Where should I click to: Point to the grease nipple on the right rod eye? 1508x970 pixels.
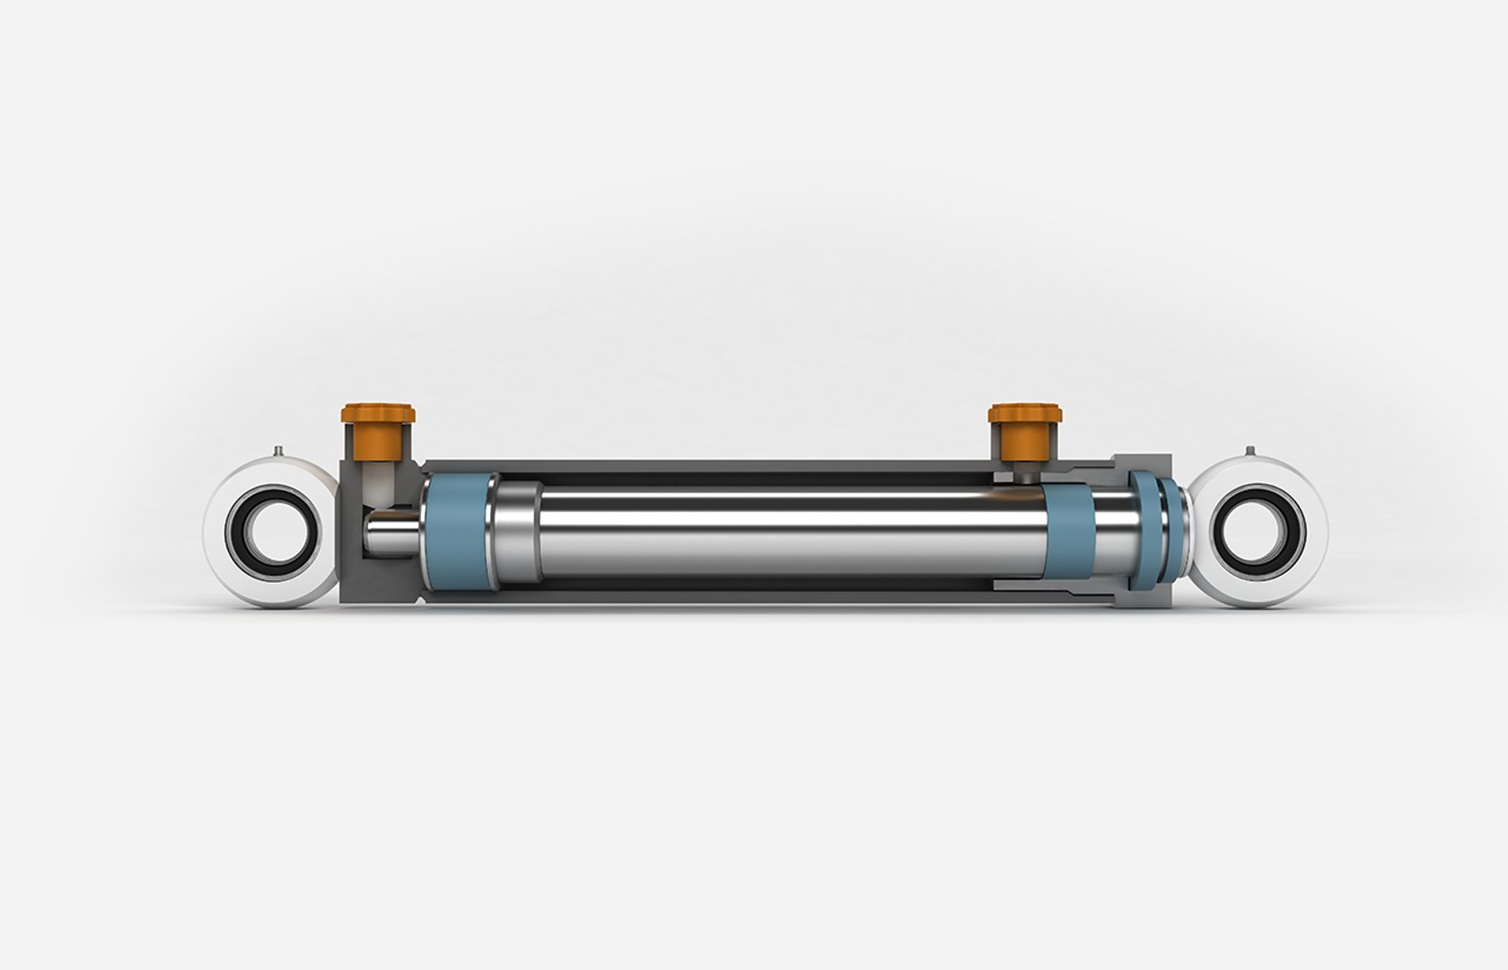tap(1249, 451)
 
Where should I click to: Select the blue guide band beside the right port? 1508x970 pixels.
tap(1068, 531)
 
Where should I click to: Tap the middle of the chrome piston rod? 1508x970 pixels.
tap(790, 531)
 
